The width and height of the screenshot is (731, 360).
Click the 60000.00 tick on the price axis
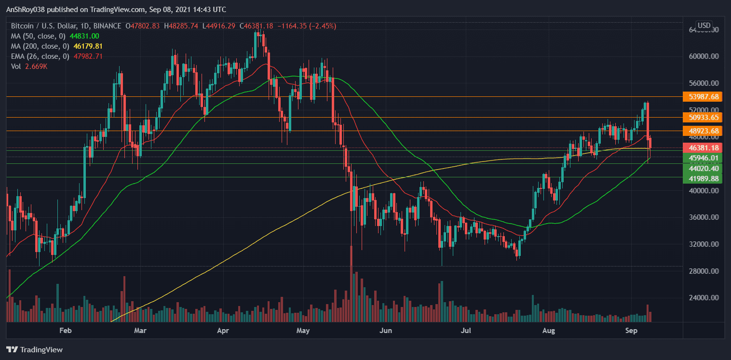point(704,56)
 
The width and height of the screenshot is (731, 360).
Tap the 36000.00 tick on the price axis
point(704,217)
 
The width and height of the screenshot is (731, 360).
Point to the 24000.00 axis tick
point(704,298)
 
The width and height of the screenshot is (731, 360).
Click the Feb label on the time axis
point(65,331)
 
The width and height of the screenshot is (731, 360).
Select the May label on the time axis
point(303,331)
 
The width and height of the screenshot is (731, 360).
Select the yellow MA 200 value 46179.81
point(87,46)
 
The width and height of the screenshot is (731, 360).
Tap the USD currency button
point(704,25)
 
